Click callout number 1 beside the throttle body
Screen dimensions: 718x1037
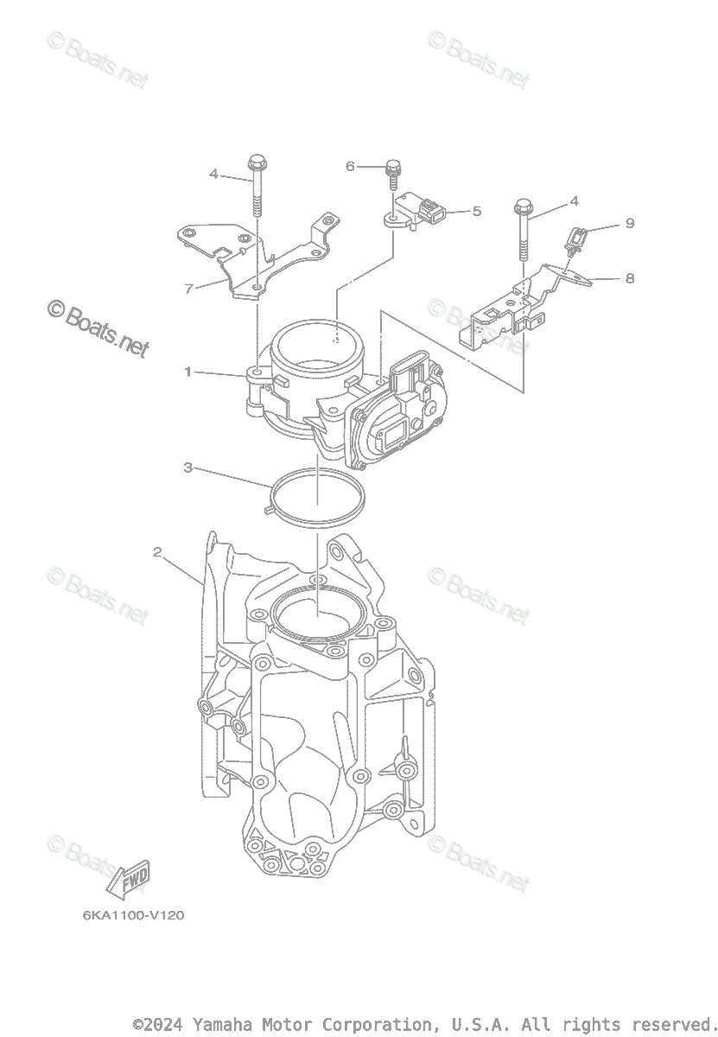click(187, 372)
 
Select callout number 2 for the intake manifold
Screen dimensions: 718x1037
click(157, 551)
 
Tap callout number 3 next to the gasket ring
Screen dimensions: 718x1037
click(187, 468)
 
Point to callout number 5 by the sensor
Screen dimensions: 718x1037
click(476, 210)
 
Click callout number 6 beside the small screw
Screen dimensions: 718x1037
click(350, 165)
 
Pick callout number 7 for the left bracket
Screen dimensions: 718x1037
click(188, 289)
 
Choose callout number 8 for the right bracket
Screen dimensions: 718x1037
click(629, 278)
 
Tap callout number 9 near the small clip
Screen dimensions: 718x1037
click(630, 224)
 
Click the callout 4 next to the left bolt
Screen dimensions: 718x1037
click(213, 174)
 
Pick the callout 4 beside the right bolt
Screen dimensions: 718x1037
click(574, 202)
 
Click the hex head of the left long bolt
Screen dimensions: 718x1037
click(256, 162)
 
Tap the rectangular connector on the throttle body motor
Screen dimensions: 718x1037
click(406, 373)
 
